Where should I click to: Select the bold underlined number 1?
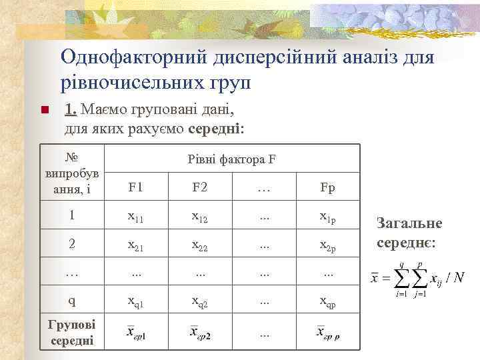[71, 108]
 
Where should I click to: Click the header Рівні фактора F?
[232, 160]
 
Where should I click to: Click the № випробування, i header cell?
[72, 173]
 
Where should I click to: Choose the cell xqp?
[327, 302]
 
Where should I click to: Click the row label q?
[72, 301]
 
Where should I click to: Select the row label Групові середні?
[72, 332]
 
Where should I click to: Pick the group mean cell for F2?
[200, 332]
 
